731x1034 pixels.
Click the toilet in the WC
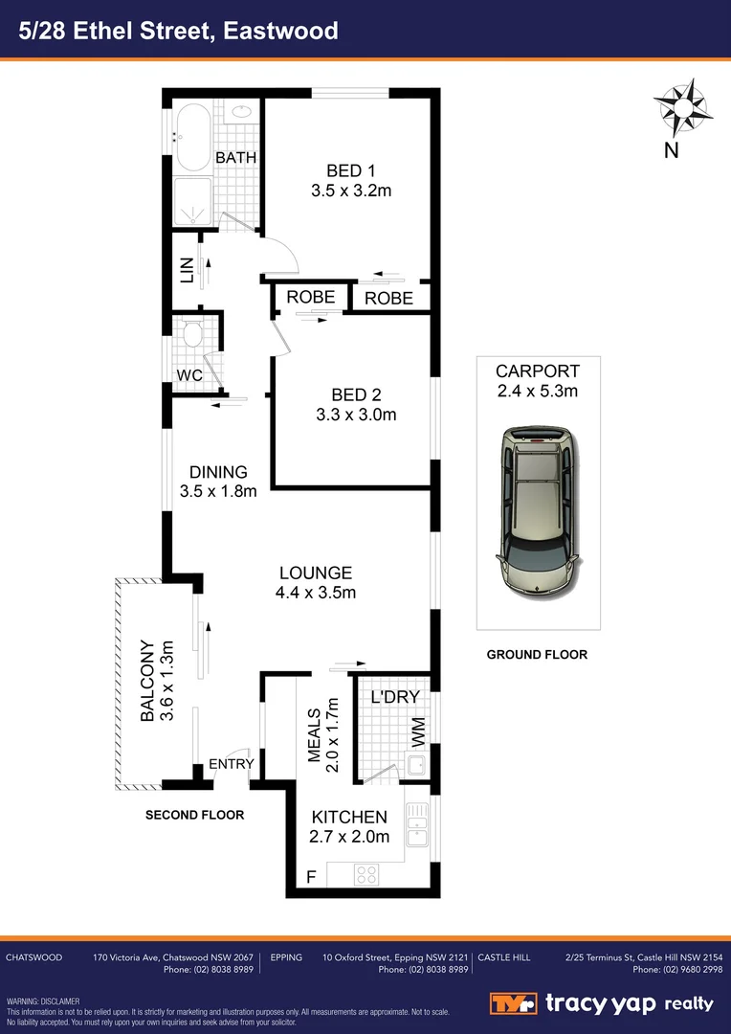(191, 335)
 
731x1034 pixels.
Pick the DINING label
(218, 472)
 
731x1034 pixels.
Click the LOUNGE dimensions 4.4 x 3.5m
(316, 593)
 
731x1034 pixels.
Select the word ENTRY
(232, 764)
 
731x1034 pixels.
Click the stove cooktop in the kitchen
(367, 873)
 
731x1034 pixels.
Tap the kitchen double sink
(417, 824)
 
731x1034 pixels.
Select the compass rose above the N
(684, 107)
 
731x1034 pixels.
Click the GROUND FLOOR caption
(537, 655)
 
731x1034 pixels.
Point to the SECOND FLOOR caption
(194, 816)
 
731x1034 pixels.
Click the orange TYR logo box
(513, 1003)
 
